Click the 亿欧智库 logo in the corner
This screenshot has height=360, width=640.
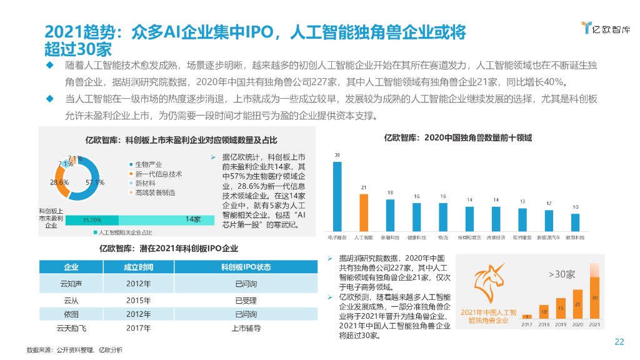pyautogui.click(x=605, y=27)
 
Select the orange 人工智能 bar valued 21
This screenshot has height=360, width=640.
pyautogui.click(x=363, y=212)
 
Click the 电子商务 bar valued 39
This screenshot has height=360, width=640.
pyautogui.click(x=337, y=197)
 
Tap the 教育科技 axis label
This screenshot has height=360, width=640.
pyautogui.click(x=575, y=237)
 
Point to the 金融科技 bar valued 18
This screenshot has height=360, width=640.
pyautogui.click(x=390, y=215)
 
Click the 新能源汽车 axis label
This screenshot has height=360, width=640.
pyautogui.click(x=549, y=237)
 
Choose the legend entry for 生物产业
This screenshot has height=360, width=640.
pyautogui.click(x=148, y=164)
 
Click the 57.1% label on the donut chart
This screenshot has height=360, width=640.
pyautogui.click(x=95, y=182)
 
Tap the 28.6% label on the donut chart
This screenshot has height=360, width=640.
pyautogui.click(x=59, y=182)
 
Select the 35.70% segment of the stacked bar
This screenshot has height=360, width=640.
pyautogui.click(x=91, y=220)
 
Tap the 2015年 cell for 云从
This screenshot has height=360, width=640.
pyautogui.click(x=138, y=300)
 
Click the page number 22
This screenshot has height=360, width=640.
pyautogui.click(x=619, y=341)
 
